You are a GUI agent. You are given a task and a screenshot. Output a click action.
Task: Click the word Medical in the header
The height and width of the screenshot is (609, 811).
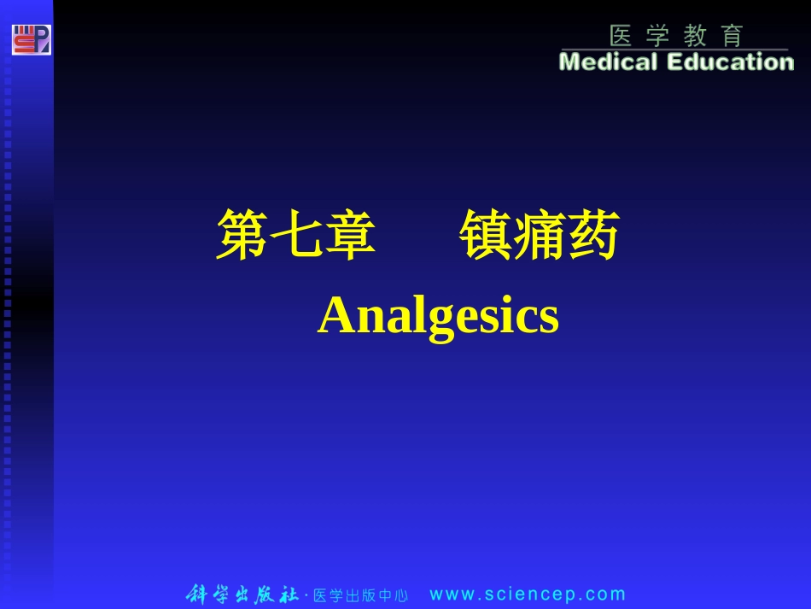(608, 62)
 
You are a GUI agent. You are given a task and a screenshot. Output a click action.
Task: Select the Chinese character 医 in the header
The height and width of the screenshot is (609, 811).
(621, 36)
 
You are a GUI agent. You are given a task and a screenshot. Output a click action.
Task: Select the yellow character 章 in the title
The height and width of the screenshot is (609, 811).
(349, 236)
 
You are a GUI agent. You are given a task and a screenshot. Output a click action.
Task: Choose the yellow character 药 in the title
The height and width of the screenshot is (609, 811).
(592, 236)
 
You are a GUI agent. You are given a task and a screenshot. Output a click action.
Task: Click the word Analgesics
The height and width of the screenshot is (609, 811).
(438, 317)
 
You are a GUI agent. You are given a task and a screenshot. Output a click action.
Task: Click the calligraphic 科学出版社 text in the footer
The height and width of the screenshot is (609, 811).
(242, 594)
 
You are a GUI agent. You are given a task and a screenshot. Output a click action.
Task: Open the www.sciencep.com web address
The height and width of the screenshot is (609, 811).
(528, 594)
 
